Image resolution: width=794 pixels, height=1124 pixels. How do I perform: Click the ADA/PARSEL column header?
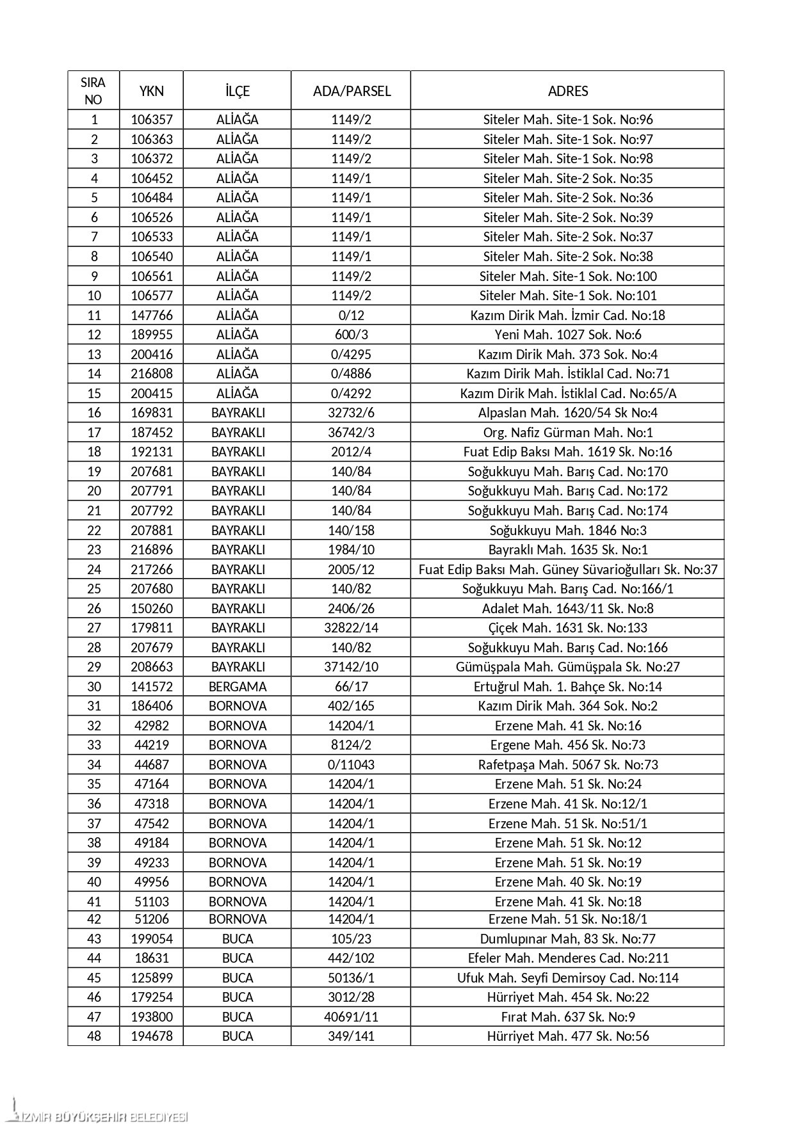(351, 91)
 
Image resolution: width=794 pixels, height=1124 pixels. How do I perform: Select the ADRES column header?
(567, 91)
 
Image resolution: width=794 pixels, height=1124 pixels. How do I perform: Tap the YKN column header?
(151, 91)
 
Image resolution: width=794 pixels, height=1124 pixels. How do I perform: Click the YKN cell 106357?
(151, 120)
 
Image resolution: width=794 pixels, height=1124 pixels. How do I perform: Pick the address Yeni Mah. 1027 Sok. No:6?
(567, 335)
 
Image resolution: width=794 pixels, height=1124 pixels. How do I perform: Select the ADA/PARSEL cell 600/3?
(351, 335)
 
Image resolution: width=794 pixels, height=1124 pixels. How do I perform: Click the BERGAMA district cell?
(237, 687)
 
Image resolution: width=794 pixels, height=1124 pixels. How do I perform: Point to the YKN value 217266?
(151, 570)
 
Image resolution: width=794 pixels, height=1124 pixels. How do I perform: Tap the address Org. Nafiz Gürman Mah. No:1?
(567, 433)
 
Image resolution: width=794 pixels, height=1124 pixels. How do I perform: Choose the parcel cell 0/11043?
(351, 765)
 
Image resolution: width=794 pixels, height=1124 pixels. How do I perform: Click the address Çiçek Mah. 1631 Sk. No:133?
(567, 628)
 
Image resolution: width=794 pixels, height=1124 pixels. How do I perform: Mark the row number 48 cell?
(93, 1036)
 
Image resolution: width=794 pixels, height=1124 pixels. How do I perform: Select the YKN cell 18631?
(151, 958)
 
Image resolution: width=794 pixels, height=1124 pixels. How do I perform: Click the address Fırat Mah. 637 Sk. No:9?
(567, 1017)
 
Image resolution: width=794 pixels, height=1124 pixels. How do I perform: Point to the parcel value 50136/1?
(351, 978)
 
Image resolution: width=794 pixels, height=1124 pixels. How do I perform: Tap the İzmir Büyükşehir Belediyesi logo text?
(102, 1118)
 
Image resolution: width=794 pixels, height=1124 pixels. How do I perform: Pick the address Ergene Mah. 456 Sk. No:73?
(567, 745)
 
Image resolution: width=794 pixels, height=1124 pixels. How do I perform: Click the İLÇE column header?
(237, 91)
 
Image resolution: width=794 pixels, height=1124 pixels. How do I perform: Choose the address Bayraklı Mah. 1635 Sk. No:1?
(567, 550)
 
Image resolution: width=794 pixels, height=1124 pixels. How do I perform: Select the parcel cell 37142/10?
(351, 667)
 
